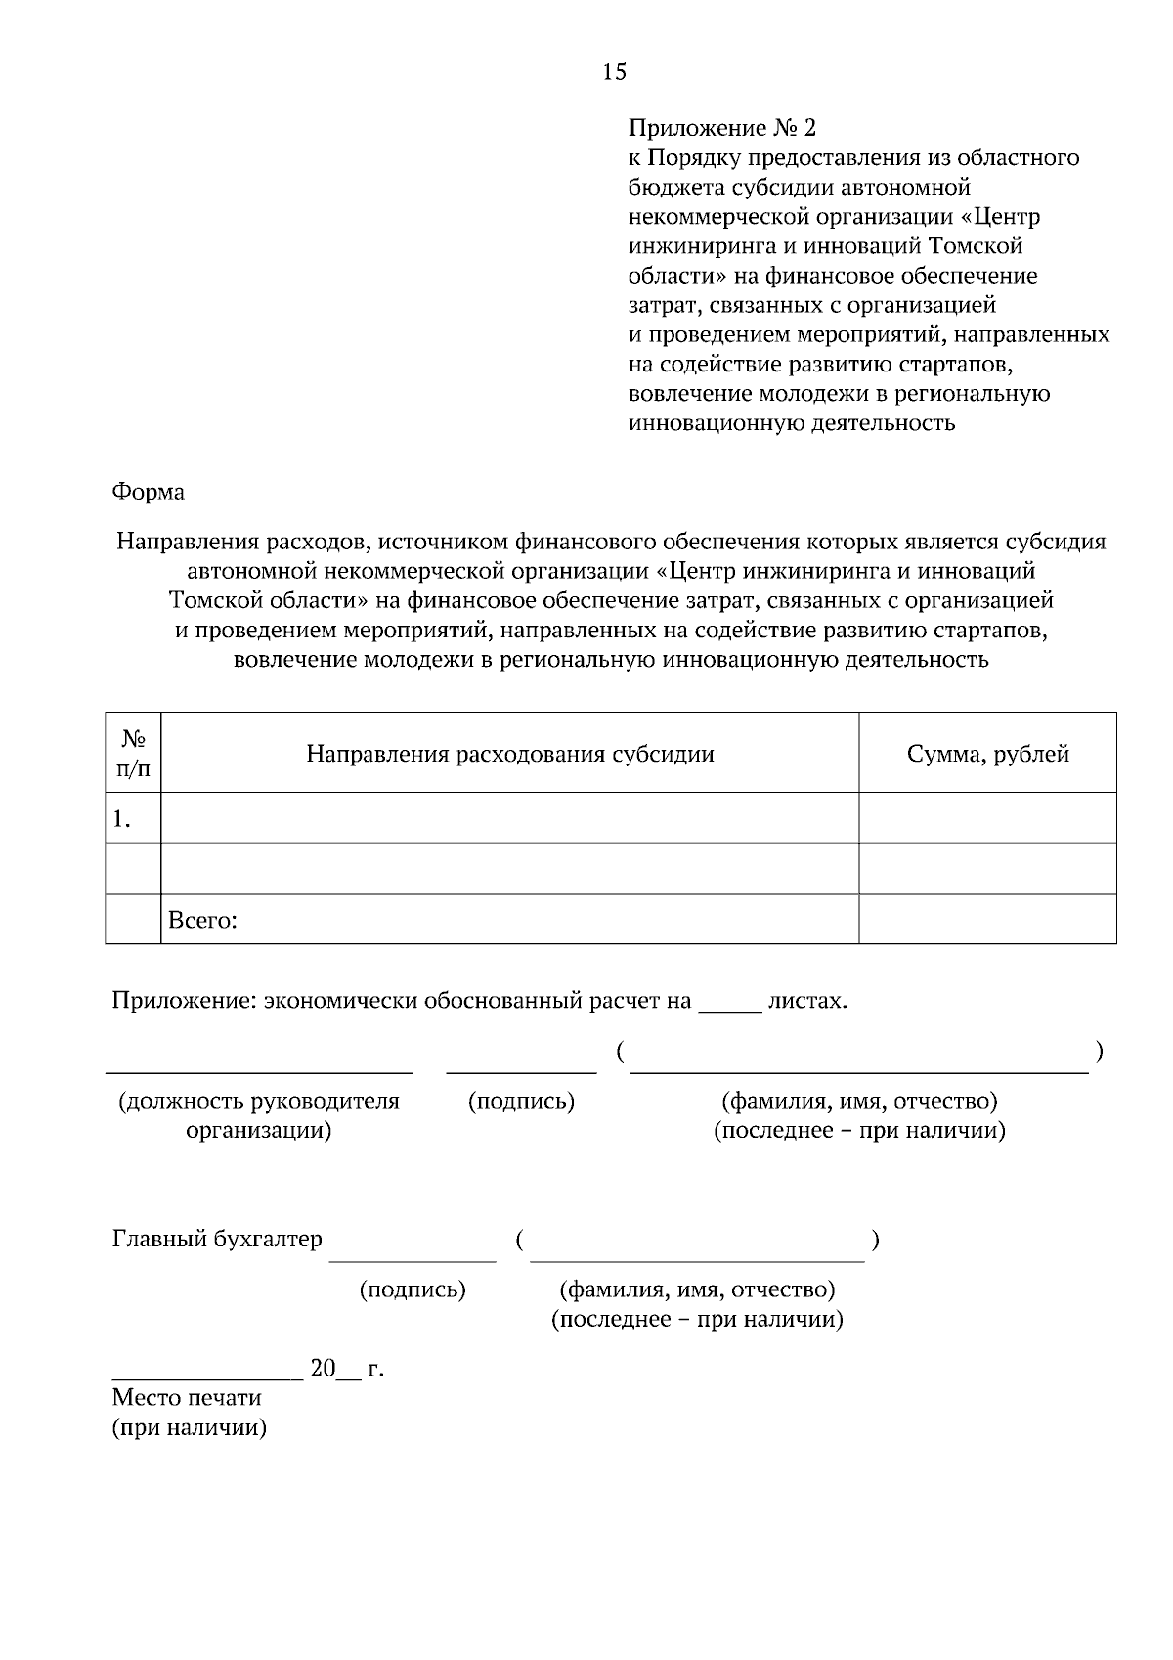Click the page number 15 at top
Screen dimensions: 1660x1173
[614, 71]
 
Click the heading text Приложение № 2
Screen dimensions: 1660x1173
[721, 128]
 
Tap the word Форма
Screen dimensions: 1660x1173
[149, 492]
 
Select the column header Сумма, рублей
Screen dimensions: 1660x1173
[987, 754]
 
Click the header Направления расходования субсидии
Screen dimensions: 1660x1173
[509, 754]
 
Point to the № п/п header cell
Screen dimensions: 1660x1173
[133, 754]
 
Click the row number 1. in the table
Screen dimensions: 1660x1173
[122, 819]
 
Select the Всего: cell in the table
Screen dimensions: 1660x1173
[203, 920]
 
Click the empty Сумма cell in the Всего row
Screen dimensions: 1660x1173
[987, 920]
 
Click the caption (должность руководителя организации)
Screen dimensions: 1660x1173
[259, 1115]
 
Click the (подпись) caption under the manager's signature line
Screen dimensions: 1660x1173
[521, 1102]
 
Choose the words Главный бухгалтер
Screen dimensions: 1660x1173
[217, 1240]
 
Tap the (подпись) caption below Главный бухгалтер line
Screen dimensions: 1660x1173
[413, 1290]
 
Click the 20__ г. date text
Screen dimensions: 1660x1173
[346, 1369]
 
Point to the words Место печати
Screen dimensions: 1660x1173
[187, 1398]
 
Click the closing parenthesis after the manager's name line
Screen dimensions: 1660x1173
[1100, 1052]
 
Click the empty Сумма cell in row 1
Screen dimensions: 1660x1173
[987, 818]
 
